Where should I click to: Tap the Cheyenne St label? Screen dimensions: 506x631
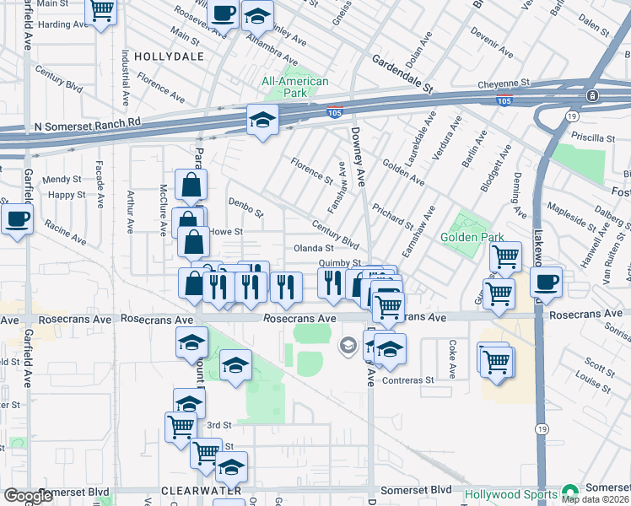503,84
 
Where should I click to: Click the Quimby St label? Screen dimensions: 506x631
339,263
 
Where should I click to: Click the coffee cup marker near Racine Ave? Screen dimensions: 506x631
16,221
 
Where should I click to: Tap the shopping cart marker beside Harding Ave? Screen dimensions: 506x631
101,11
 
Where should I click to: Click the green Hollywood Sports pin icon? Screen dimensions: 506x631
570,491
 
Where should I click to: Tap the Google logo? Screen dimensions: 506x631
28,496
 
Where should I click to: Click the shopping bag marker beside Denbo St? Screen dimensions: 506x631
191,185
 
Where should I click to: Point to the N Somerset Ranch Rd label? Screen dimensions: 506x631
86,125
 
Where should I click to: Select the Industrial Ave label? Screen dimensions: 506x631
125,77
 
